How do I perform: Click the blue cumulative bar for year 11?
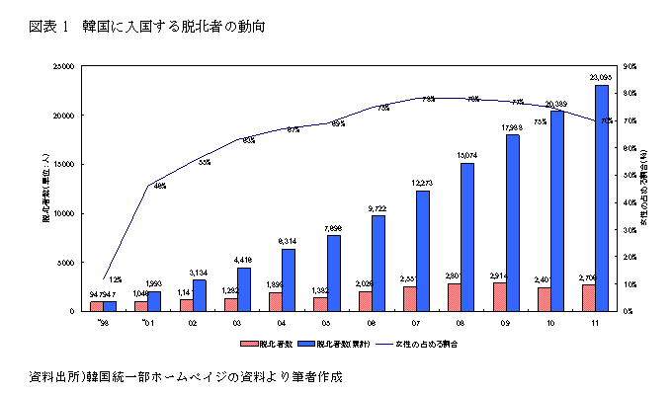tap(601, 198)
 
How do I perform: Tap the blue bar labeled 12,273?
tap(422, 251)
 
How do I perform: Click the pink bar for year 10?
tap(544, 299)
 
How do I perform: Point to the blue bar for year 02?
tap(199, 295)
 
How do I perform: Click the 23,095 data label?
tap(600, 77)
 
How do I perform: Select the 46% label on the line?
tap(159, 186)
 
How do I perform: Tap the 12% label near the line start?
tap(116, 279)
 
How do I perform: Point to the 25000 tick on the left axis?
tap(63, 67)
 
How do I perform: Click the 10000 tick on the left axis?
tap(63, 213)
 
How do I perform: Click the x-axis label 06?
tap(370, 322)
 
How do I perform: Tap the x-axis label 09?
tap(504, 322)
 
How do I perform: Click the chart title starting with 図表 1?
tap(147, 23)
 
